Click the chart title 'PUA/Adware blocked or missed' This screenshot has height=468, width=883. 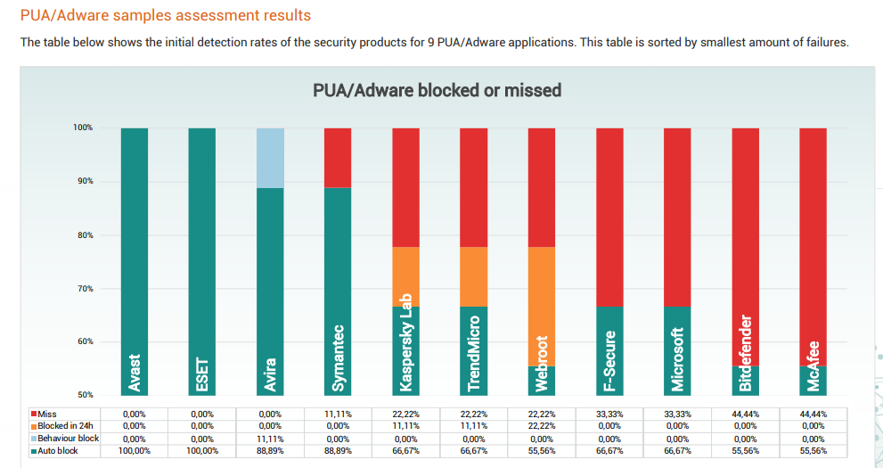point(437,90)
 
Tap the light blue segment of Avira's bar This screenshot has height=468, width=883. point(270,158)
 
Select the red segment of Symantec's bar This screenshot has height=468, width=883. point(338,158)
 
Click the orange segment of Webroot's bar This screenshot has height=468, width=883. point(542,306)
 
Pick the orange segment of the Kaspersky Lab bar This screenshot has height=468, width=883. point(405,276)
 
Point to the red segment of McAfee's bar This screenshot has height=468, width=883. point(813,247)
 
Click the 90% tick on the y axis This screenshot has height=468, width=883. point(83,182)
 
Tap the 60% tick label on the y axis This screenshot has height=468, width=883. point(83,342)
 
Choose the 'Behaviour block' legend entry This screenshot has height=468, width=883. point(68,439)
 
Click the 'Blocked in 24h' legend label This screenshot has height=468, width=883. point(66,426)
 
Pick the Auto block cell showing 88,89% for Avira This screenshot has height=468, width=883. point(270,451)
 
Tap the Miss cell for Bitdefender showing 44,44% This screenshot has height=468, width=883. point(745,415)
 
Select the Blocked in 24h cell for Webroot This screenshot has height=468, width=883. point(542,426)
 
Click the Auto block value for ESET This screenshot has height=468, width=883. point(202,451)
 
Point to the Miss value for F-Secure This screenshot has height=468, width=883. point(609,415)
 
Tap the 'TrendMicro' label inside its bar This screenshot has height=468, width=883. point(474,354)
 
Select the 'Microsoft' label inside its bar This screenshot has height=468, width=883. point(677,359)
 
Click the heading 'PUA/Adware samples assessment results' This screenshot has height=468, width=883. point(166,16)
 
